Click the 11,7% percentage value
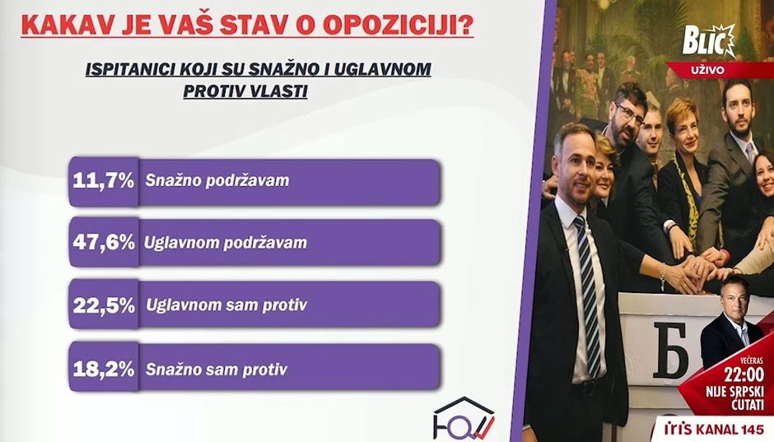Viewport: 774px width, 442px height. click(103, 180)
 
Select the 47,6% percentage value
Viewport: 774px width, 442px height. click(103, 243)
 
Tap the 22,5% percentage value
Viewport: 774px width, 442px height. click(103, 305)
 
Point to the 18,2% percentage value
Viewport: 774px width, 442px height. click(103, 369)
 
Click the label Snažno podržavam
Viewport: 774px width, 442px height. click(217, 180)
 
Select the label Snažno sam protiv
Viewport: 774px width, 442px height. click(216, 370)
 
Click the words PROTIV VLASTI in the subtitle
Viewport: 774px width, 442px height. click(245, 91)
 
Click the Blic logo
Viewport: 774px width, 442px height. click(709, 40)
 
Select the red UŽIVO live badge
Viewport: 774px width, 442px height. click(708, 70)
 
